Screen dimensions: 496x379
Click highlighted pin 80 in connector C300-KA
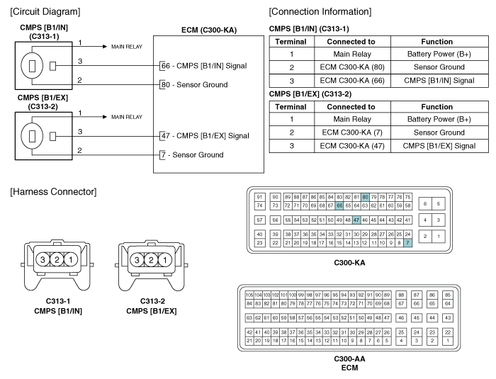pos(365,197)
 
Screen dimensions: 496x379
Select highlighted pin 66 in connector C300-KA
pos(339,205)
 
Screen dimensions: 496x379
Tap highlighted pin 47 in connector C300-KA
pos(356,220)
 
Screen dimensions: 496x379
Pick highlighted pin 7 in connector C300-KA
pos(407,243)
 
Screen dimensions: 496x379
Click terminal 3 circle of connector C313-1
pos(43,260)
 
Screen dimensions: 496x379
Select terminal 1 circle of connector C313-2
pos(165,260)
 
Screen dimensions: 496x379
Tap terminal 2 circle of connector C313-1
pos(57,260)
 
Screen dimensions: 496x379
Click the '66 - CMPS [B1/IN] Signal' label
pos(204,66)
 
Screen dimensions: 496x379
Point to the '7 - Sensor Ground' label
pos(192,154)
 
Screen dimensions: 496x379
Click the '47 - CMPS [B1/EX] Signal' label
pos(205,136)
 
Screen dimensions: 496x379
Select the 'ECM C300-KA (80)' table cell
pos(352,67)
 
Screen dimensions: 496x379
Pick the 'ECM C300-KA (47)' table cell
pos(352,146)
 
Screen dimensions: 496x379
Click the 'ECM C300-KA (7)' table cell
pos(352,132)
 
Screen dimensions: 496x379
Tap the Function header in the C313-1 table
pos(437,42)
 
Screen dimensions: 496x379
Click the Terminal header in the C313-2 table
pos(291,107)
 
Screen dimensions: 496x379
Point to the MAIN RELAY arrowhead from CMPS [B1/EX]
pos(105,117)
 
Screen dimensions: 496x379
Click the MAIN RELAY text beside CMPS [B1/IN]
pos(127,47)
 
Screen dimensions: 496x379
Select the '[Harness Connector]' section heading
pos(53,192)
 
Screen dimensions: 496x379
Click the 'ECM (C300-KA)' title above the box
pos(209,30)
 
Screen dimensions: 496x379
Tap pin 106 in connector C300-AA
pos(249,295)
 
